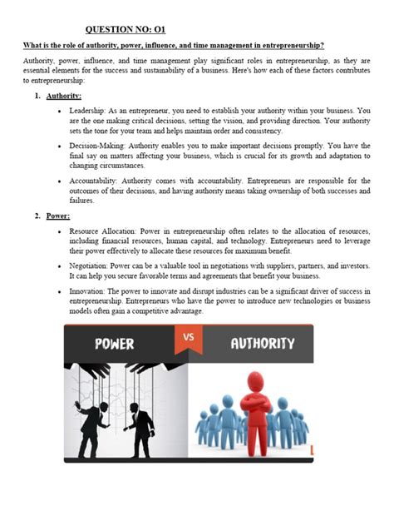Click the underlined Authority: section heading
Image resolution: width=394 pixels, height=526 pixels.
click(64, 97)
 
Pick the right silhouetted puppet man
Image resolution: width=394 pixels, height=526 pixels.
click(142, 429)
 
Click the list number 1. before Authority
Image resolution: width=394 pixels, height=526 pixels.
click(38, 97)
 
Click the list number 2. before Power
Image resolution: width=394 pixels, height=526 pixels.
click(38, 216)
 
